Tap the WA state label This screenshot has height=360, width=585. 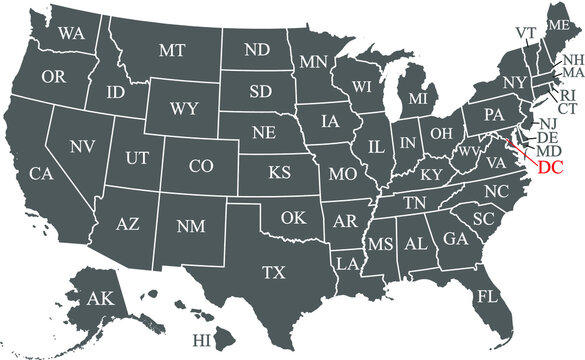tap(70, 33)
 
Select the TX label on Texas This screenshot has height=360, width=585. tap(274, 271)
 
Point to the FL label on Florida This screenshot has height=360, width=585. tap(487, 297)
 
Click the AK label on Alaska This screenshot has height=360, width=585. tap(100, 298)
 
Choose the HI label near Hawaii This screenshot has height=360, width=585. tap(204, 341)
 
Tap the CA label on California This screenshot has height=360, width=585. tap(40, 174)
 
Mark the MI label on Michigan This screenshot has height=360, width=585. tap(417, 101)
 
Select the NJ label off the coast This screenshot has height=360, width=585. tap(548, 123)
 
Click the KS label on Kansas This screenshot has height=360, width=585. tap(279, 173)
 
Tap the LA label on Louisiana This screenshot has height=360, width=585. tap(347, 264)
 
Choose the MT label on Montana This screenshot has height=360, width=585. tap(171, 49)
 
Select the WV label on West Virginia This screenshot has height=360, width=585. tap(469, 152)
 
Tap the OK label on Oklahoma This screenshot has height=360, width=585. tap(293, 217)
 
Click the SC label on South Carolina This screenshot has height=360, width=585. tap(484, 218)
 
